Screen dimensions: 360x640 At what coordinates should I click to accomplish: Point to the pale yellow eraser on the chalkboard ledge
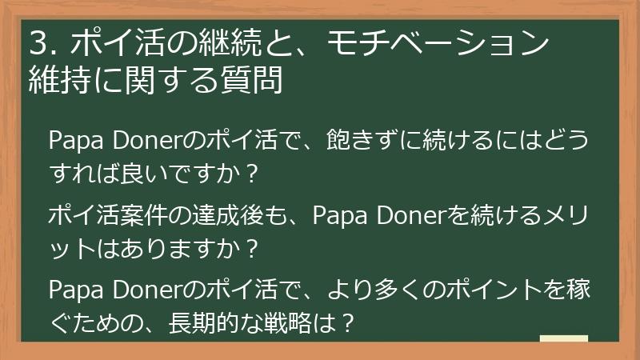coord(563,338)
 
